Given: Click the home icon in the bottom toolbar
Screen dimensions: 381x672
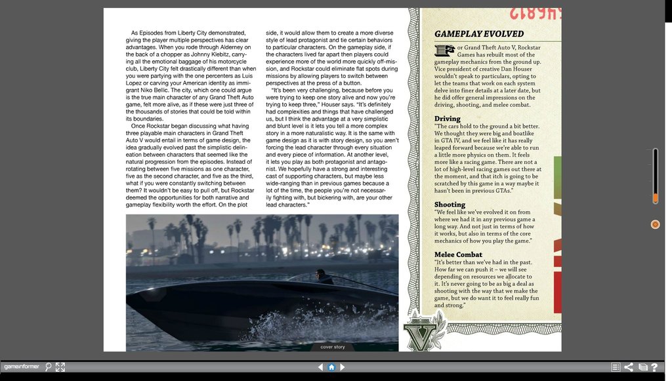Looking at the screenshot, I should coord(331,367).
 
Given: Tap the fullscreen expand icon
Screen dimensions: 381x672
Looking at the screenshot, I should coord(60,367).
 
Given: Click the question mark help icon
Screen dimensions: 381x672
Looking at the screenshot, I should coord(654,367).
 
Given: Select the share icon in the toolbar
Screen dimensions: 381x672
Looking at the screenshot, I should coord(629,367).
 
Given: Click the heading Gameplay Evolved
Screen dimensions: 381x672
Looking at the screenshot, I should coord(479,34).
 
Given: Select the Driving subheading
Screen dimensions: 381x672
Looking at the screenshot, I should coord(448,119).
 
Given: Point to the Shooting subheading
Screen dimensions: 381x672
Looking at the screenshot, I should coord(450,205).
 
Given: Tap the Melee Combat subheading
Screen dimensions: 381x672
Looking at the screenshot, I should coord(458,254).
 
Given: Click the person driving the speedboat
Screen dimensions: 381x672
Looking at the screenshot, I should coord(321,276).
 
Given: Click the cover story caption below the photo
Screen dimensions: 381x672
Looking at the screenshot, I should coord(332,347).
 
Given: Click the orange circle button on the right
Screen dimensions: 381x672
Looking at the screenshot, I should coord(655,224).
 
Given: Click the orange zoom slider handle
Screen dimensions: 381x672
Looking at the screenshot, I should coord(655,197).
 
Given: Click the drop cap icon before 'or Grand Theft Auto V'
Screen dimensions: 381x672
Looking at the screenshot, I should coord(444,50).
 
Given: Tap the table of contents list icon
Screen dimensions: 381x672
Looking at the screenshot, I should coord(616,367).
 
